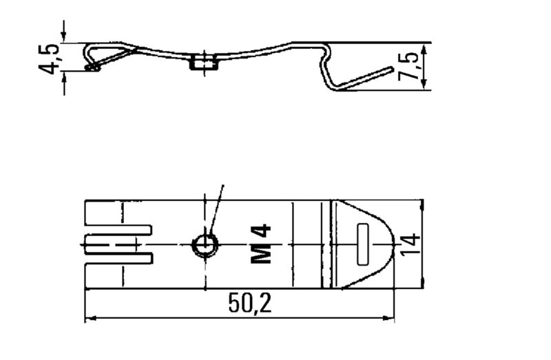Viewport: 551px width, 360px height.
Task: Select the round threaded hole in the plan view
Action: [205, 244]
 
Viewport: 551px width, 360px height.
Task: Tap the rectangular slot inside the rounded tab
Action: [364, 244]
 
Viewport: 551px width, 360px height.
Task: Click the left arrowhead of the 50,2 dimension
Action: [90, 319]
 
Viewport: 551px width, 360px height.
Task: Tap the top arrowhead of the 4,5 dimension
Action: [64, 38]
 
